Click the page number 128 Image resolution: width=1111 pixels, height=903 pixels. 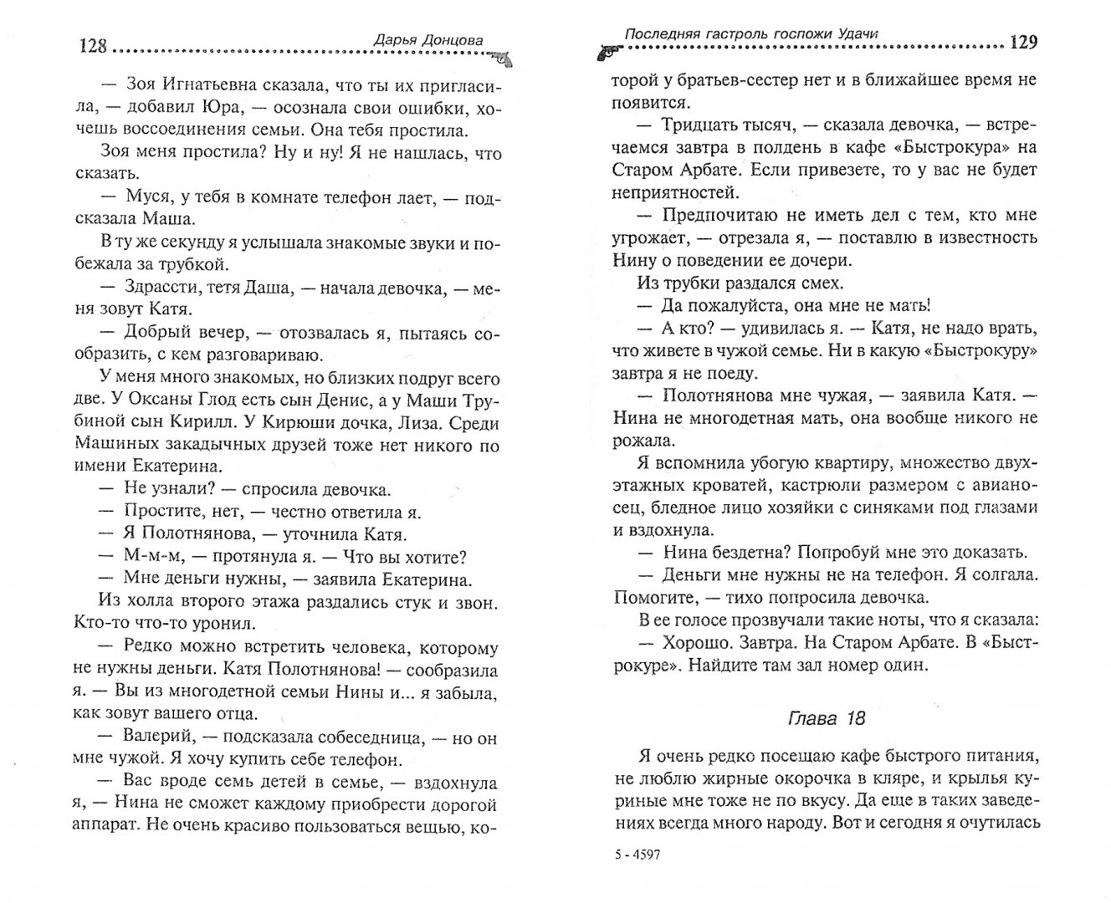tap(93, 45)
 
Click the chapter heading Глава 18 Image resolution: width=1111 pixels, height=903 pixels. tap(827, 717)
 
